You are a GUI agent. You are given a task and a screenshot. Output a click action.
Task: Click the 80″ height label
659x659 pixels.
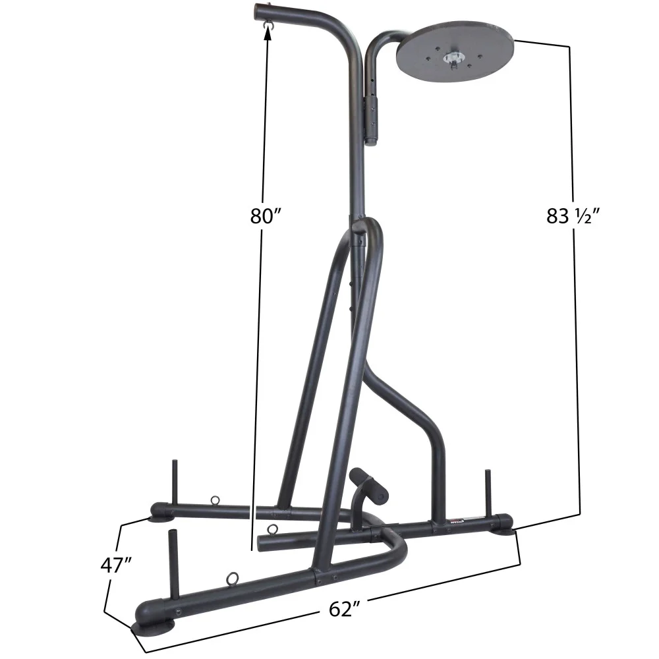266,216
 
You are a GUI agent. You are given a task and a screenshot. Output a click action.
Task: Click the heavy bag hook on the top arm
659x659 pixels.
267,24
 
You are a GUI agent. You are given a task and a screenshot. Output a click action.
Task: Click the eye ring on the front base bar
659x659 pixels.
233,579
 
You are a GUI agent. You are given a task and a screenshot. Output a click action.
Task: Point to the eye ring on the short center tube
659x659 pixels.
270,529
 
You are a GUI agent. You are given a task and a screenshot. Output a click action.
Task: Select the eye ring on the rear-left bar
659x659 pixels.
215,501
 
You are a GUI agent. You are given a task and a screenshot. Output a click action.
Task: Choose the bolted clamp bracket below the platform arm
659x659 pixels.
373,119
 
